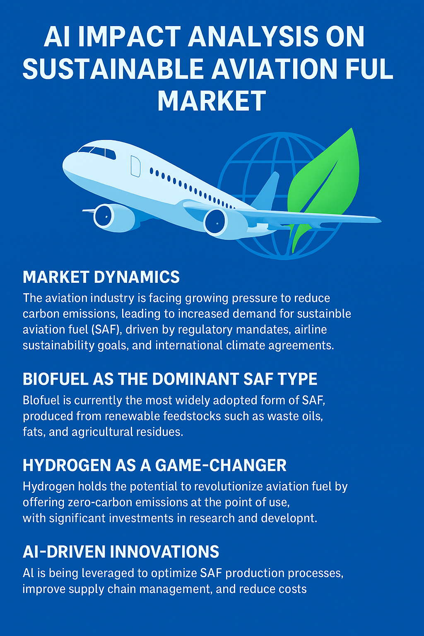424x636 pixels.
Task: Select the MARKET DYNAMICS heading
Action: click(x=101, y=277)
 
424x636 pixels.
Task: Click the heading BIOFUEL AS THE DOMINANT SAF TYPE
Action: click(x=170, y=379)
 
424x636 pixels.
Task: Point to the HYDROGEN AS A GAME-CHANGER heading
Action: click(x=154, y=465)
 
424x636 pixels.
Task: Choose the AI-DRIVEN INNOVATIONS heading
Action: click(x=120, y=552)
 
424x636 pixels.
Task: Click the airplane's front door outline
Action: click(x=135, y=166)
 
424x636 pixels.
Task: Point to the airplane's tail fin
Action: click(x=265, y=190)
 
